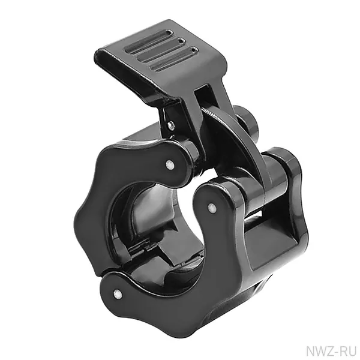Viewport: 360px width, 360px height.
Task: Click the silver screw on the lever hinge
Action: (170, 125)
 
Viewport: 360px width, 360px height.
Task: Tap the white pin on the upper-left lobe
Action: (169, 164)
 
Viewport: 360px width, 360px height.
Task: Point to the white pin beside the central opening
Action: (211, 208)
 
